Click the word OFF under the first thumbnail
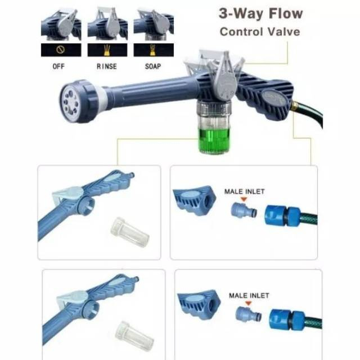coord(58,66)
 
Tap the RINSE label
coord(107,66)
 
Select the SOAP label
coord(153,66)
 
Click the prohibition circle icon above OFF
coord(61,49)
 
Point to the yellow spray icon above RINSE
coord(107,50)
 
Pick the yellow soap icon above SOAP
coord(152,50)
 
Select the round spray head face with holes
coord(70,102)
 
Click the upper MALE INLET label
coord(244,191)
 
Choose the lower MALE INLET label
coord(249,295)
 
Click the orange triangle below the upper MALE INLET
coord(244,200)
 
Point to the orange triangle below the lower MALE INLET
coord(248,304)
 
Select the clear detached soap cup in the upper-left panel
coord(130,232)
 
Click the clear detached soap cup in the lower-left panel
coord(134,336)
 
